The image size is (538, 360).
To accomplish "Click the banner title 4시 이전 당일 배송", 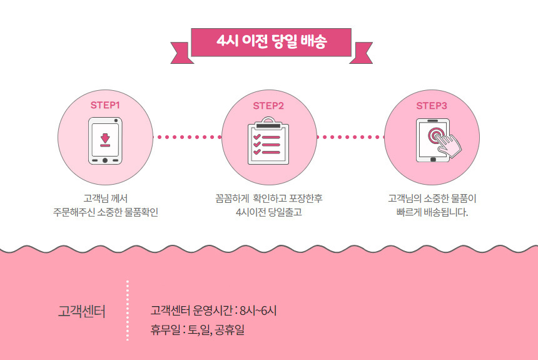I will click(271, 42).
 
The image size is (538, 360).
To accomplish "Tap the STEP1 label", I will click(105, 105).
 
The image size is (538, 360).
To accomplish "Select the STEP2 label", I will click(268, 105).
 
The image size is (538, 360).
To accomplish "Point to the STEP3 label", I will click(432, 105).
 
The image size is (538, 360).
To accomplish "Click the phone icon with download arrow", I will click(105, 141).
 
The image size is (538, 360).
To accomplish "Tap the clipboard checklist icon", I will click(268, 141).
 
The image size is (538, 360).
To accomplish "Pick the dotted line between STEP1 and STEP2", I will click(187, 136).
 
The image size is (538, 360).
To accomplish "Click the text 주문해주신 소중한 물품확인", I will click(105, 212).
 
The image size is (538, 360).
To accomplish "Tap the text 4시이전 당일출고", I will click(268, 212).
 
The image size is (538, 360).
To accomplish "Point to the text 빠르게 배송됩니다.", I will click(432, 212).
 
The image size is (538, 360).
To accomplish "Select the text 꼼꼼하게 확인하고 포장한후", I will click(268, 198).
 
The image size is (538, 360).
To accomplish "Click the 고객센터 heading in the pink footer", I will click(81, 311).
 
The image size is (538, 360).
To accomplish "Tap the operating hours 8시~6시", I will click(258, 310).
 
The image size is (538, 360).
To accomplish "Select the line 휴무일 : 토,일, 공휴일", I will click(197, 329).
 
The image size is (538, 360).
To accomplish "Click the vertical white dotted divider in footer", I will click(128, 311).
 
